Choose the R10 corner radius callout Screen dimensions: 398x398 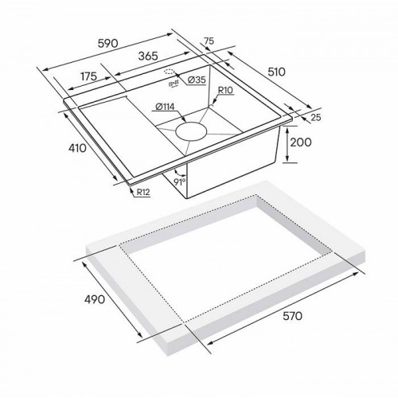[x=225, y=92]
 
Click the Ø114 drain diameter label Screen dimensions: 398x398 [x=166, y=107]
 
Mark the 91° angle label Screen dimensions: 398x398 [x=180, y=182]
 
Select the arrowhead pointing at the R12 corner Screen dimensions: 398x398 [x=131, y=185]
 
